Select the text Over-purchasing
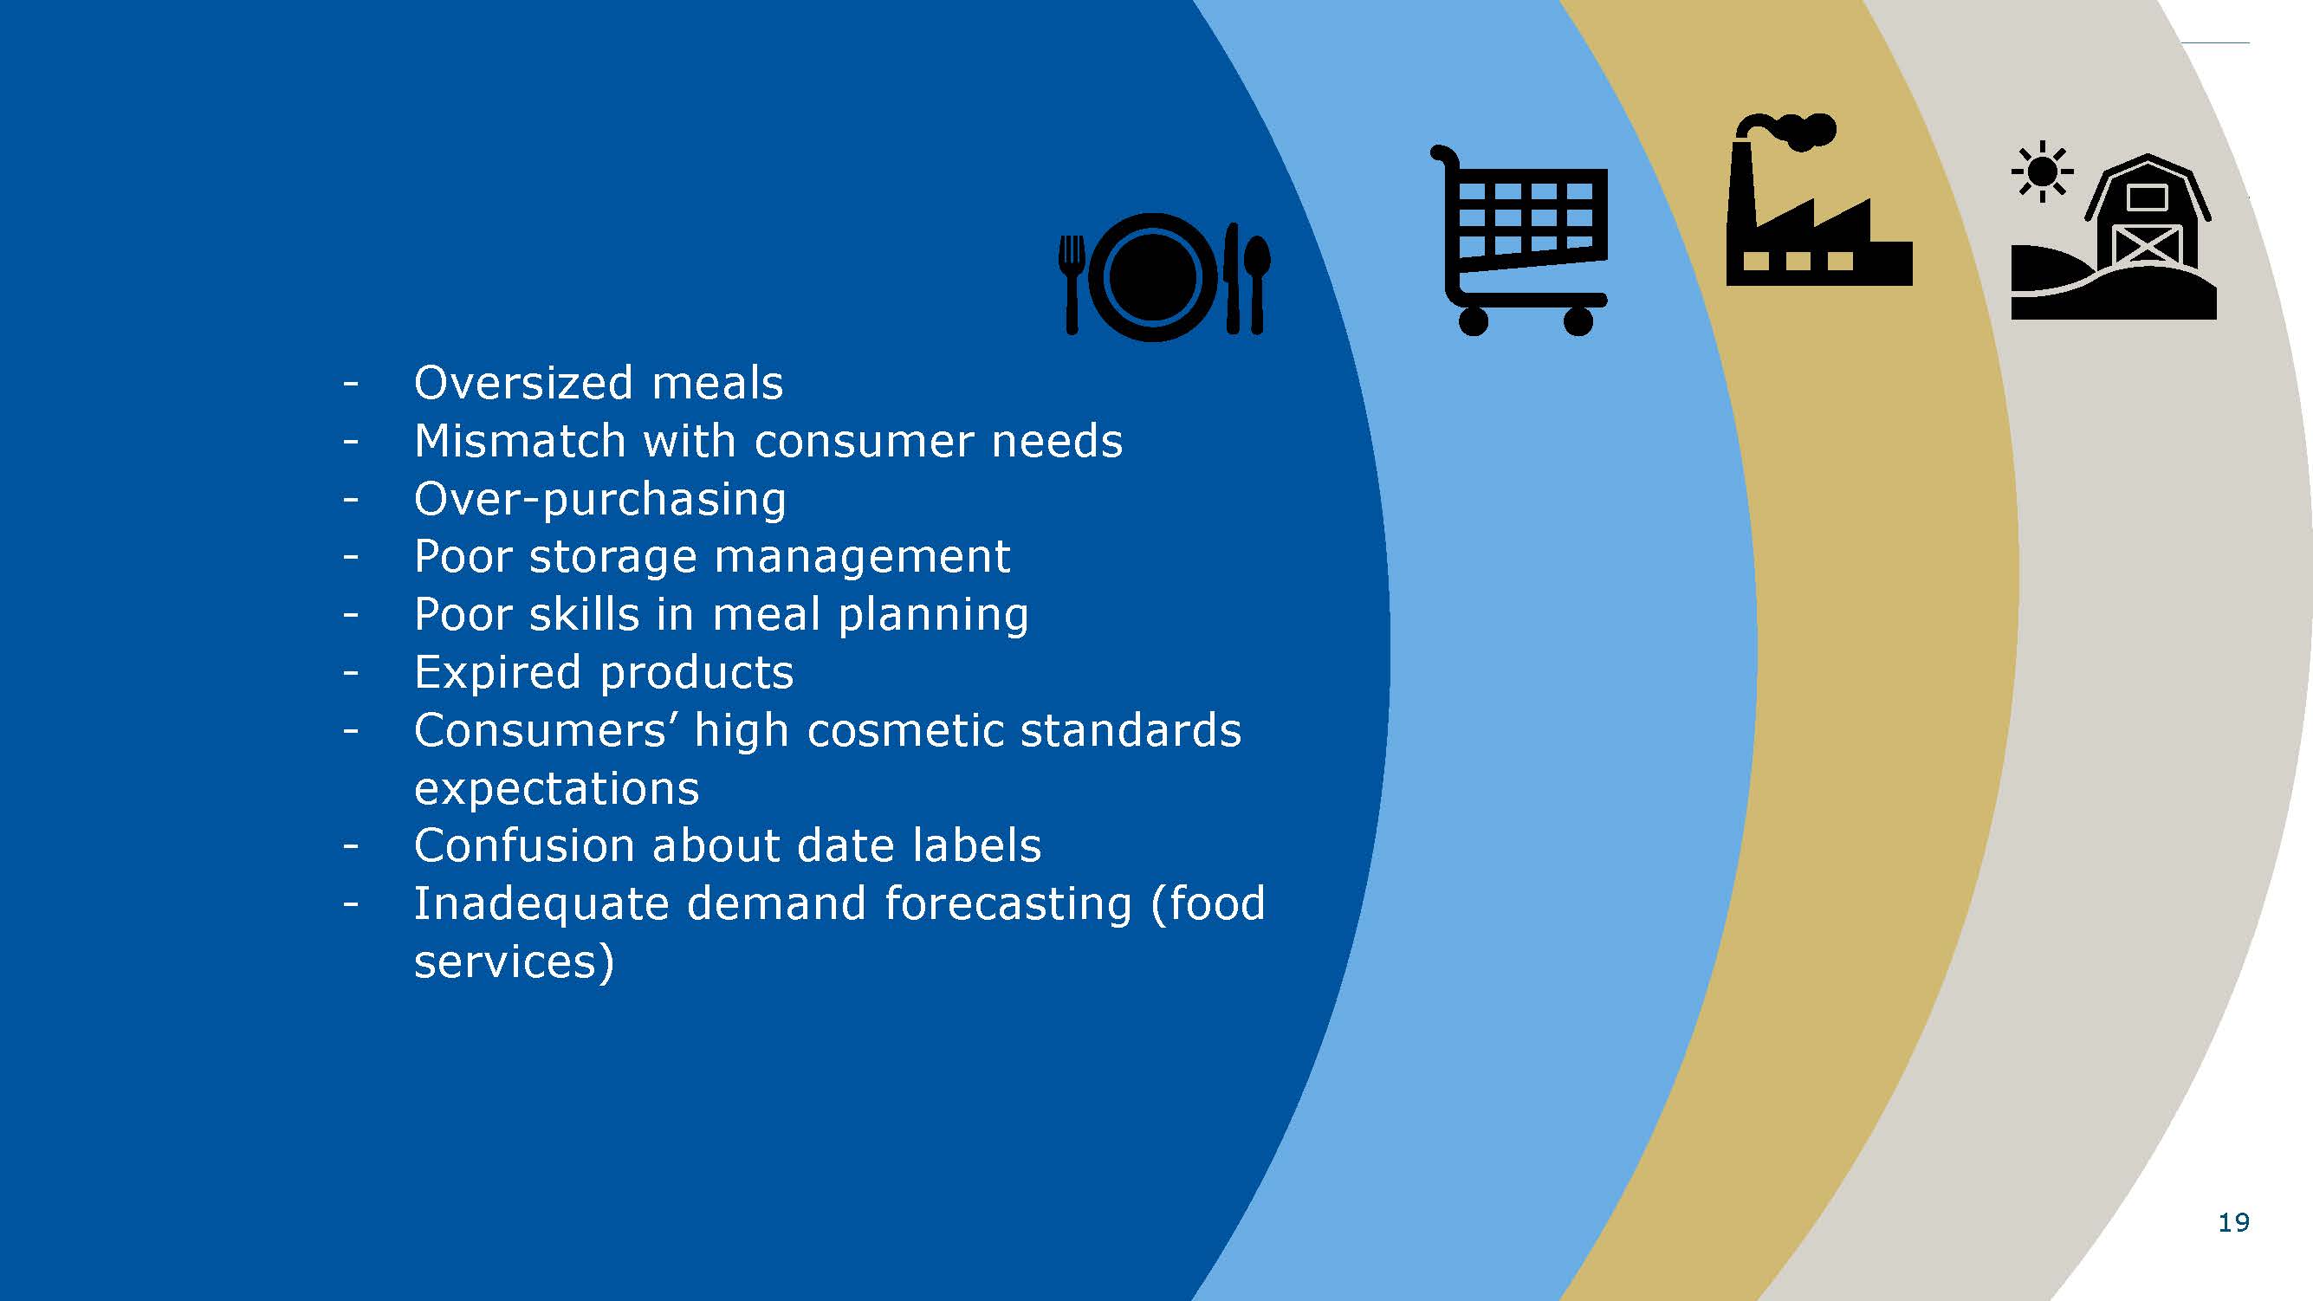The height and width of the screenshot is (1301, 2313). point(599,500)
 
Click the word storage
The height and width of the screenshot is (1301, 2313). point(613,558)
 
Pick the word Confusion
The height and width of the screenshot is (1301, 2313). point(524,846)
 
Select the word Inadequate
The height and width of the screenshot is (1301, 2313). point(541,904)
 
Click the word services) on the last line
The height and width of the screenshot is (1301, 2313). point(514,962)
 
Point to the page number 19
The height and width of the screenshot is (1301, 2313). point(2234,1223)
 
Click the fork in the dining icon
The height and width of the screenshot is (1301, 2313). point(1072,285)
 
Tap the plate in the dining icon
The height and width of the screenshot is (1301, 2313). point(1153,277)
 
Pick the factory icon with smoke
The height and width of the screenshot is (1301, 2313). point(1818,199)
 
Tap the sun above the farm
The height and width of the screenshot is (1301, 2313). point(2042,172)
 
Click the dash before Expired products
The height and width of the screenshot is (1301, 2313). point(350,673)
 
